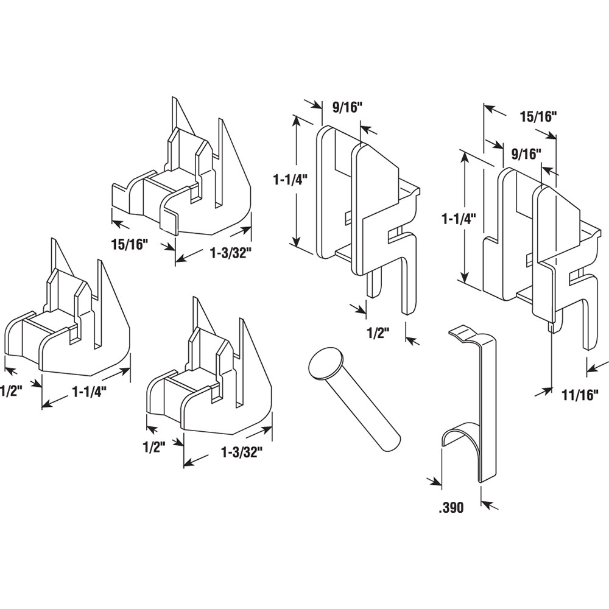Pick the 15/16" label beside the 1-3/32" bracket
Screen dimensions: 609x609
130,245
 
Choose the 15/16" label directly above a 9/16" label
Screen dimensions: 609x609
538,117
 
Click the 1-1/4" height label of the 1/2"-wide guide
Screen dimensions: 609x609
290,180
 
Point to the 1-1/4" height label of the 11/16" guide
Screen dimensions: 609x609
459,216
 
